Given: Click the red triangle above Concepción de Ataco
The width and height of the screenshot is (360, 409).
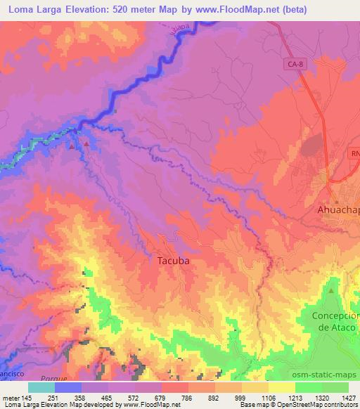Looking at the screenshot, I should tap(331, 290).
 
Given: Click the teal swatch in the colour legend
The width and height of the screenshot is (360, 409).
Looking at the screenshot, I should tap(41, 387).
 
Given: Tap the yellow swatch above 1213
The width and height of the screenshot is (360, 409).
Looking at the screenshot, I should tap(281, 387).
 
